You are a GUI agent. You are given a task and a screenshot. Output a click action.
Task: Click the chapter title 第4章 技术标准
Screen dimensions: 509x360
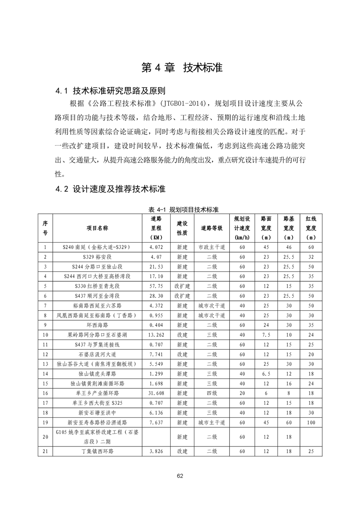point(182,68)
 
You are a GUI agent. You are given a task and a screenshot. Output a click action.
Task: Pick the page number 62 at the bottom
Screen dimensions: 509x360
point(180,476)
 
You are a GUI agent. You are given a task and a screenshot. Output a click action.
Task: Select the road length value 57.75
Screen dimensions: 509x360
point(156,286)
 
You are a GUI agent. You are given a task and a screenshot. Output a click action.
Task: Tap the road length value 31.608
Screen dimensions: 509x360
point(156,393)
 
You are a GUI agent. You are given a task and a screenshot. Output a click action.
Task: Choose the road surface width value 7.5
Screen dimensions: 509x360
point(266,335)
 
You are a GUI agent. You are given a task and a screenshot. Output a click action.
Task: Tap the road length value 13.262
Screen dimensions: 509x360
point(156,335)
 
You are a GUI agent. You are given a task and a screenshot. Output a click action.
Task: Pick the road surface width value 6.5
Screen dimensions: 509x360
point(266,374)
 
